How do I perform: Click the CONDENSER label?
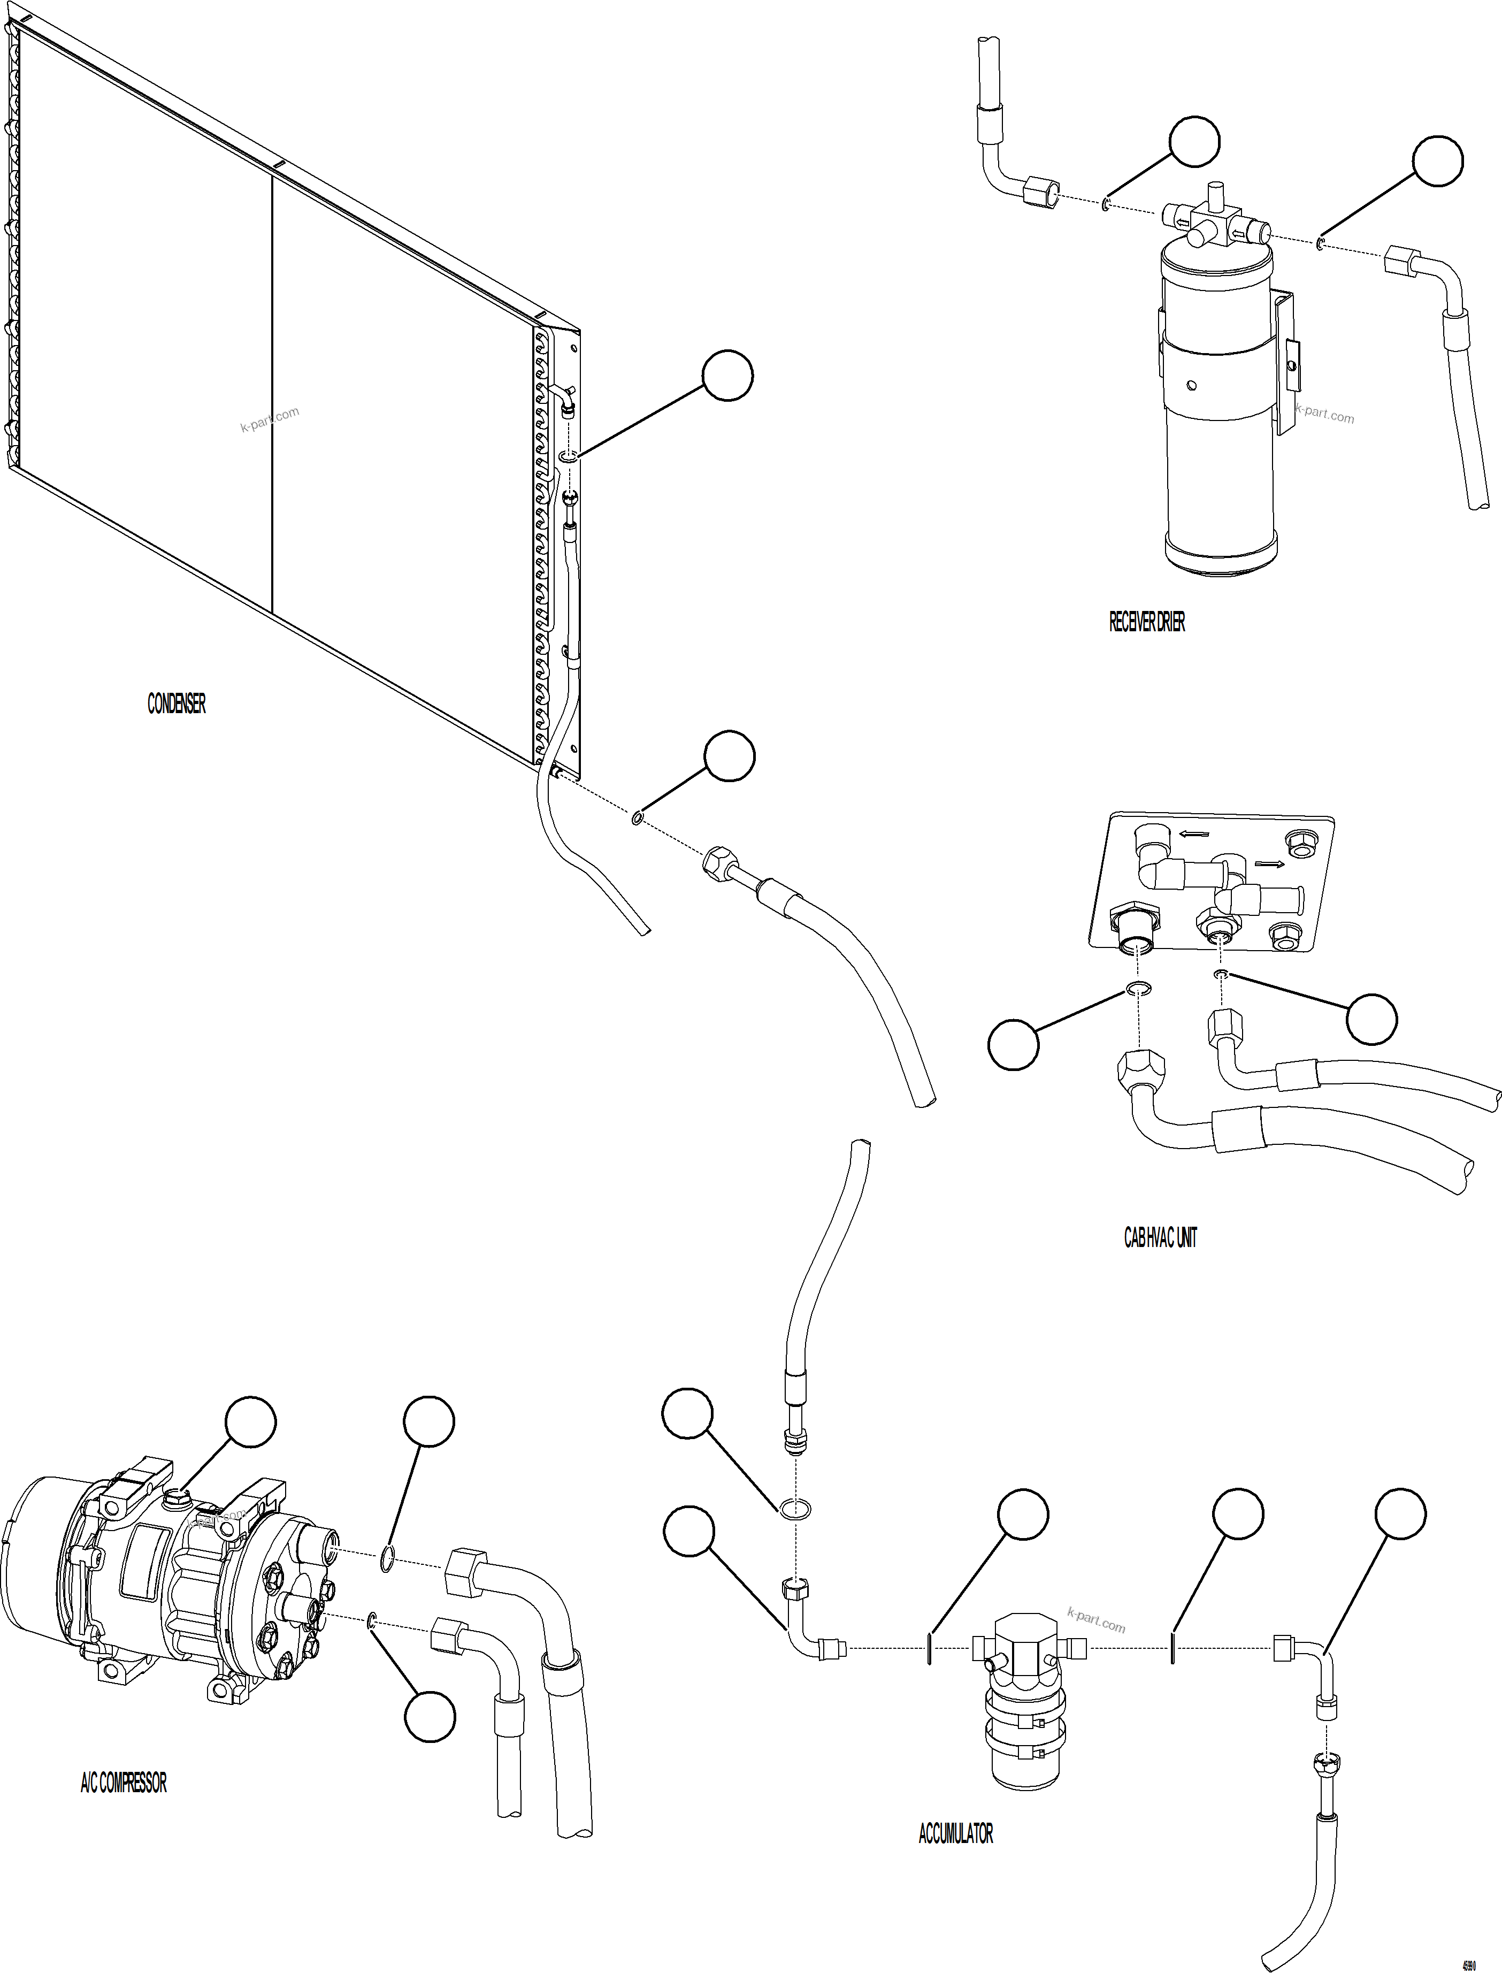tap(176, 705)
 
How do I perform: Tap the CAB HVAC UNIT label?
tap(1160, 1238)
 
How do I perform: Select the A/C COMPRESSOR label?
tap(124, 1784)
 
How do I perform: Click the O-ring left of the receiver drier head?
tap(1107, 205)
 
